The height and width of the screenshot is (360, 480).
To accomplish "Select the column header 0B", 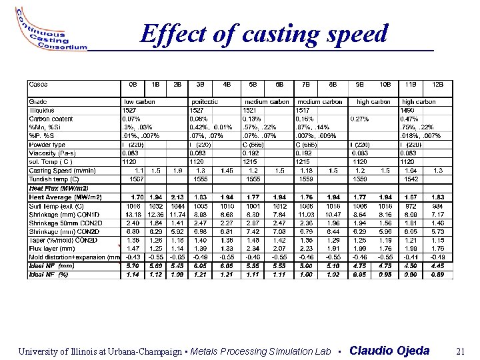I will (132, 85).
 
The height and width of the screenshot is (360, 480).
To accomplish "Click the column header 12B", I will (437, 85).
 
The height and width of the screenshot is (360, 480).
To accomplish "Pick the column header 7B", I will (307, 85).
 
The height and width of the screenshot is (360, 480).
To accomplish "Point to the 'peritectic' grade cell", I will (206, 102).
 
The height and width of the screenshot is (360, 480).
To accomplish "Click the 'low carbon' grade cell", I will (138, 102).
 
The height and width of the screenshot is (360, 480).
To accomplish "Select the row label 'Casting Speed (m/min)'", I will (63, 171).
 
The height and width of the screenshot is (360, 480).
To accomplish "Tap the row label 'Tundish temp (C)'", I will (54, 179).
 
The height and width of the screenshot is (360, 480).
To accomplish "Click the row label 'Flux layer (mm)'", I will (52, 248).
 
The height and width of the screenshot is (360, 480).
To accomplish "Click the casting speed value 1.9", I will (177, 171).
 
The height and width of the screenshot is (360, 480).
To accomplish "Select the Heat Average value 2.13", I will (177, 197).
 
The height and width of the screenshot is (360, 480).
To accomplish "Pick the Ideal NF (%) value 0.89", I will (437, 274).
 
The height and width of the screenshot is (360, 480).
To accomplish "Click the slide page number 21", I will (459, 351).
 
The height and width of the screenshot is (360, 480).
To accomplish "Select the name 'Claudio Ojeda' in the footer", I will (389, 351).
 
